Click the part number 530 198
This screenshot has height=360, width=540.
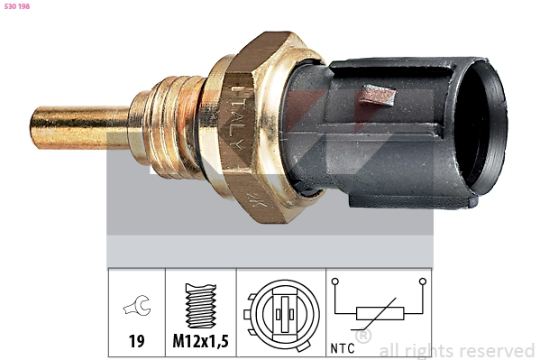click(17, 6)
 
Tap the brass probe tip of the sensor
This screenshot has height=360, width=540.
click(80, 127)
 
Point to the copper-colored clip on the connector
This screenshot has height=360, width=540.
click(378, 95)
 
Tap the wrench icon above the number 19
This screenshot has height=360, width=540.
click(137, 306)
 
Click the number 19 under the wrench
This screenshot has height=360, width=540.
click(136, 341)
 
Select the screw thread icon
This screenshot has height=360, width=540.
click(201, 306)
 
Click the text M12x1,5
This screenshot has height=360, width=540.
click(201, 341)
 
